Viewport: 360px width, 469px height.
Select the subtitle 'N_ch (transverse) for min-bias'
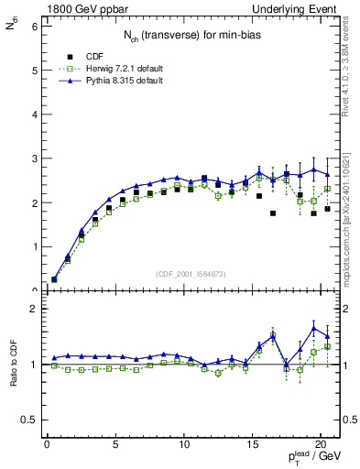tap(189, 35)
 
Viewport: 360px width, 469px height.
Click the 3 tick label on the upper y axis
tap(33, 158)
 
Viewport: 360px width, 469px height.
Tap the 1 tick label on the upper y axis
tap(33, 246)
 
